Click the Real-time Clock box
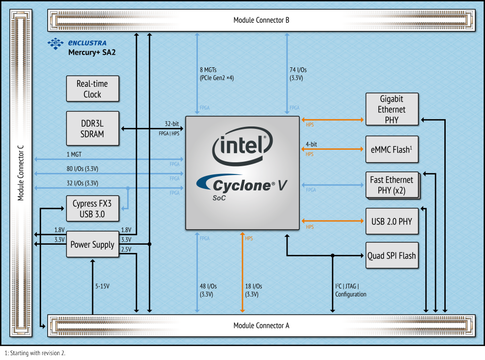point(92,89)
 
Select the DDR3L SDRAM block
point(92,128)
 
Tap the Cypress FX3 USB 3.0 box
point(92,209)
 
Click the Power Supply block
point(92,245)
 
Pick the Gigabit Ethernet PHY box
point(392,110)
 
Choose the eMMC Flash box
point(392,150)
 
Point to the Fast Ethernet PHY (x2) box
point(392,185)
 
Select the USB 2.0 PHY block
point(392,221)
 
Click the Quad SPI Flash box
point(392,255)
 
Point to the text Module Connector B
point(261,20)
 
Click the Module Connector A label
point(261,326)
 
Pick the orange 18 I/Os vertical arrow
point(242,271)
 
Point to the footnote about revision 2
point(34,353)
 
